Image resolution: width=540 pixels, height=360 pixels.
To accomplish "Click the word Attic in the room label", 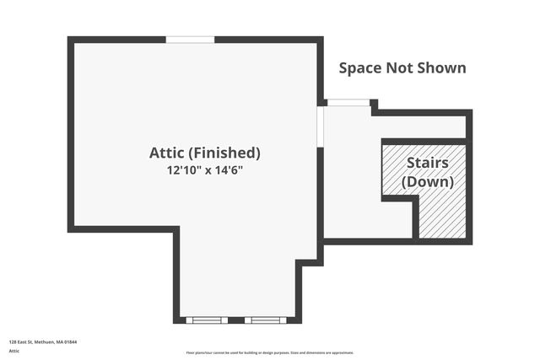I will tap(166, 153).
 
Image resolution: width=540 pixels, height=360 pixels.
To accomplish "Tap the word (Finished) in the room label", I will tap(224, 153).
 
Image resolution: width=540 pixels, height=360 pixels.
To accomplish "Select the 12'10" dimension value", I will tap(184, 169).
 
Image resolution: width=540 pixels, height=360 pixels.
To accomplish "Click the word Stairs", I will tap(427, 163).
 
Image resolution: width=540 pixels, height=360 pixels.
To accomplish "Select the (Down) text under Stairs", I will tap(427, 181).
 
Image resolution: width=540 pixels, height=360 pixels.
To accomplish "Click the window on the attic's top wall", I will tap(190, 39).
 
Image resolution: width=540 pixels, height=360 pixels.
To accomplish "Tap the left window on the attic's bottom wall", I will tap(207, 320).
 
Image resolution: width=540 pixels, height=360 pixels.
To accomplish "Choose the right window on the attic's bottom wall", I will tap(266, 320).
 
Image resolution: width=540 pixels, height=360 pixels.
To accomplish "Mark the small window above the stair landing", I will tap(348, 103).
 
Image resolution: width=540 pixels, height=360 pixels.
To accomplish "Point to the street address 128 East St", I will tap(23, 341).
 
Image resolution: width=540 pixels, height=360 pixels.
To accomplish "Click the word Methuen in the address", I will tap(47, 341).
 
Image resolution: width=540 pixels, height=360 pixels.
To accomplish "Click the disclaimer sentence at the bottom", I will tap(270, 353).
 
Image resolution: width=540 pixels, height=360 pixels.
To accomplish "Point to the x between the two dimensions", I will tap(208, 170).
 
